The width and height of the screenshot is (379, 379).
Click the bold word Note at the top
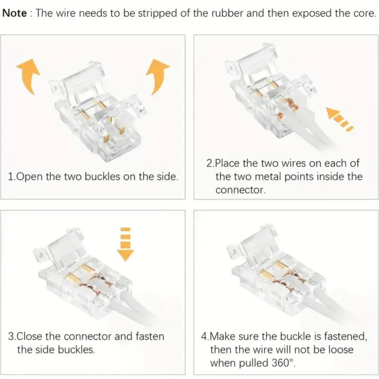click(15, 13)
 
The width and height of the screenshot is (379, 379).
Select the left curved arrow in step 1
click(28, 76)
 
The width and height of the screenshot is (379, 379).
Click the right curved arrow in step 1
click(158, 77)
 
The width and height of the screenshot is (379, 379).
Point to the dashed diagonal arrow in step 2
click(340, 119)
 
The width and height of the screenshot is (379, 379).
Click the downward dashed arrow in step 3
click(125, 244)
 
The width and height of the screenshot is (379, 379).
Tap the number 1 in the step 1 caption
click(10, 177)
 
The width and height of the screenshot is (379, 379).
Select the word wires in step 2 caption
click(292, 163)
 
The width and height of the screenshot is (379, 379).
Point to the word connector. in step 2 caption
click(241, 190)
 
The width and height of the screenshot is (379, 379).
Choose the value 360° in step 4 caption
click(282, 363)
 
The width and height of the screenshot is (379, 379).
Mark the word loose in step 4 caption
click(340, 350)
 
